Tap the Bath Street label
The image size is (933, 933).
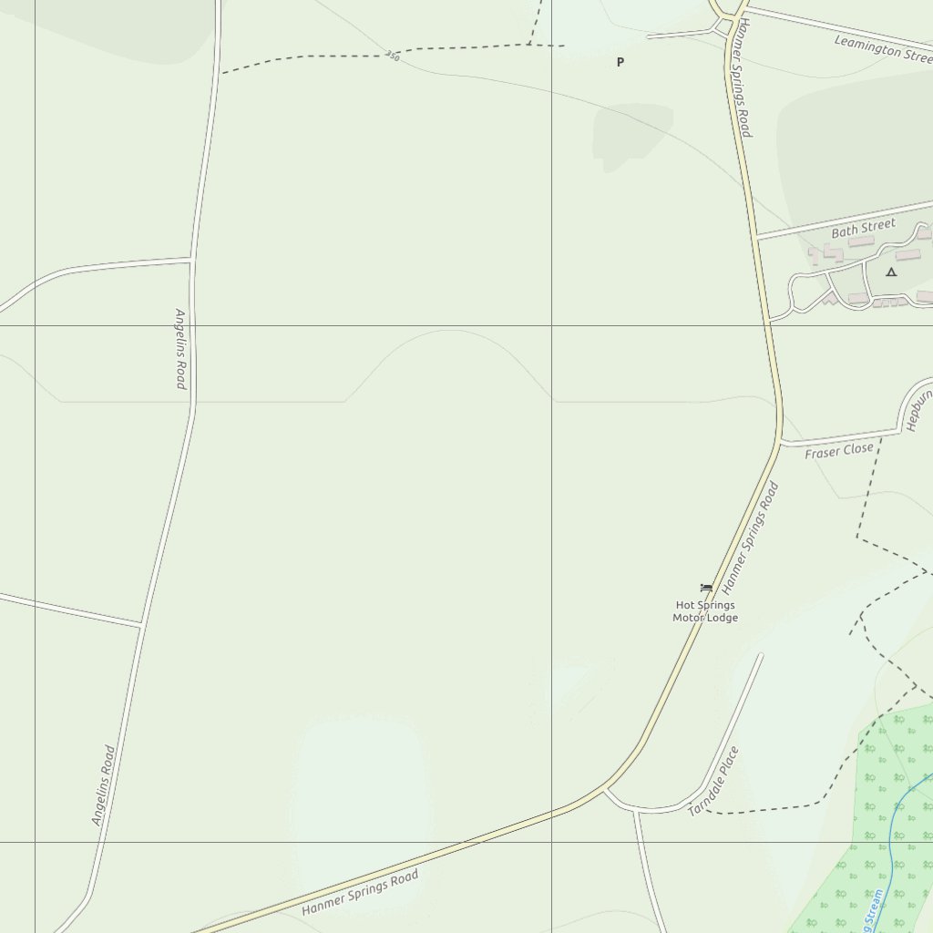863,228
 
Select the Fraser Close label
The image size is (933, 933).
838,450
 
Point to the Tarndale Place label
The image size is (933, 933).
713,781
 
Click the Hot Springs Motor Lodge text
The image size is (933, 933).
705,611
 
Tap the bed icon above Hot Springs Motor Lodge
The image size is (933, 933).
705,588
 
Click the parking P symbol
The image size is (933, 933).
620,62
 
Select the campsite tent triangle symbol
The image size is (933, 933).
891,272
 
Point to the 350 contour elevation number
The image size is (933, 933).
392,56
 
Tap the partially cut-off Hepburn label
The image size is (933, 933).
918,410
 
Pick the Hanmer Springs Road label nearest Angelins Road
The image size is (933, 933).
360,893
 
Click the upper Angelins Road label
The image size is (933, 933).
180,348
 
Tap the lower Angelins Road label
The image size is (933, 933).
104,785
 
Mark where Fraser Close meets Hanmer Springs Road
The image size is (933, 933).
780,444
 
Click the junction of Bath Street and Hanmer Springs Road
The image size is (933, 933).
756,238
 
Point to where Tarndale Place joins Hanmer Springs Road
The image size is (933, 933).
604,789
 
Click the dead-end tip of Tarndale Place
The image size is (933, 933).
761,654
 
